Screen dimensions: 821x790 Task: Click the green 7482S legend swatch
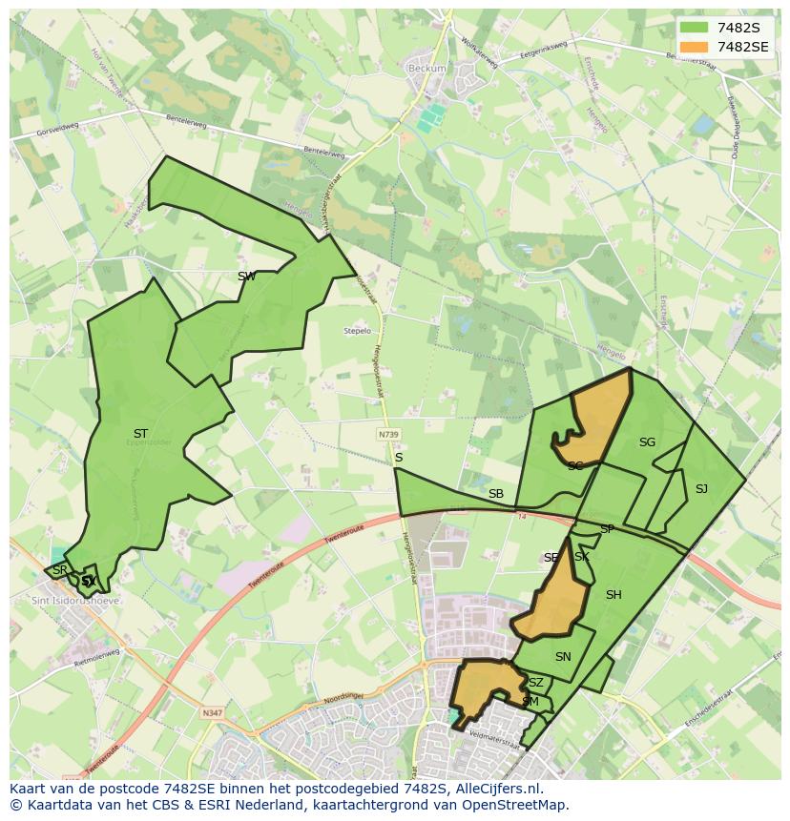pos(695,28)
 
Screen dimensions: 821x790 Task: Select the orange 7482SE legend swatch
pos(695,47)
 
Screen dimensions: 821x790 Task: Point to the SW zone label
pos(246,277)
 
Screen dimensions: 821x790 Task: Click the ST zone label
pos(140,434)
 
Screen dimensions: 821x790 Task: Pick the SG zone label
pos(647,442)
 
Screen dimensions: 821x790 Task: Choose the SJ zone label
pos(701,489)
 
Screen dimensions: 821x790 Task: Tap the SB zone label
pos(495,494)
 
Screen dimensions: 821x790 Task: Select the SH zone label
pos(613,595)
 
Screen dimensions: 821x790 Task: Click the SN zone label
pos(563,657)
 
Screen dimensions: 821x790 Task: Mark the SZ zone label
pos(535,683)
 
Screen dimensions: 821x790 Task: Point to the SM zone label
pos(530,702)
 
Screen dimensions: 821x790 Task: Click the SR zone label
pos(60,570)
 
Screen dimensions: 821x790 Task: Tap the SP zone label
pos(607,529)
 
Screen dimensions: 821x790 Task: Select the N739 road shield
pos(387,434)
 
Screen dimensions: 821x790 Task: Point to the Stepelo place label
pos(357,331)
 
